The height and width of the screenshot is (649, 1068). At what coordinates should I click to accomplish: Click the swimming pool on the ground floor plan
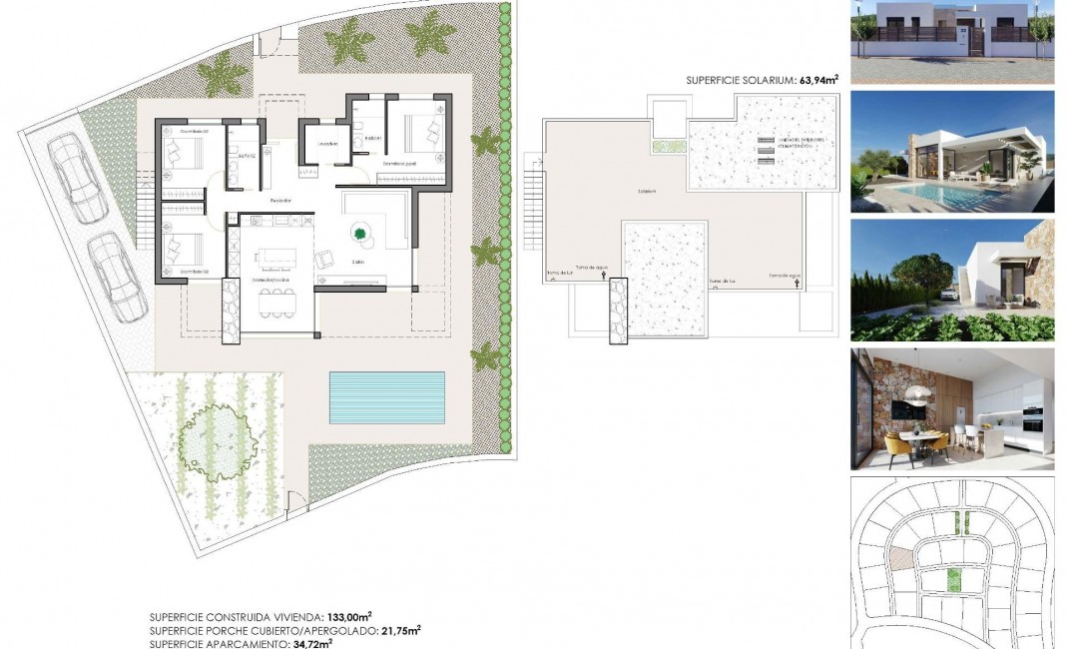click(x=386, y=395)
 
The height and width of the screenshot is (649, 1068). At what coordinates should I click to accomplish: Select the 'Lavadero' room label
click(x=326, y=144)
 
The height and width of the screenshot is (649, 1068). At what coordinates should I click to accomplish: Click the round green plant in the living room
click(x=359, y=235)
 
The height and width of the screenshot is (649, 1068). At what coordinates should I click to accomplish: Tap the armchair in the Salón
click(x=325, y=260)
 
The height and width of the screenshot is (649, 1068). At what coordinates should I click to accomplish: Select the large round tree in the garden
click(x=212, y=436)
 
